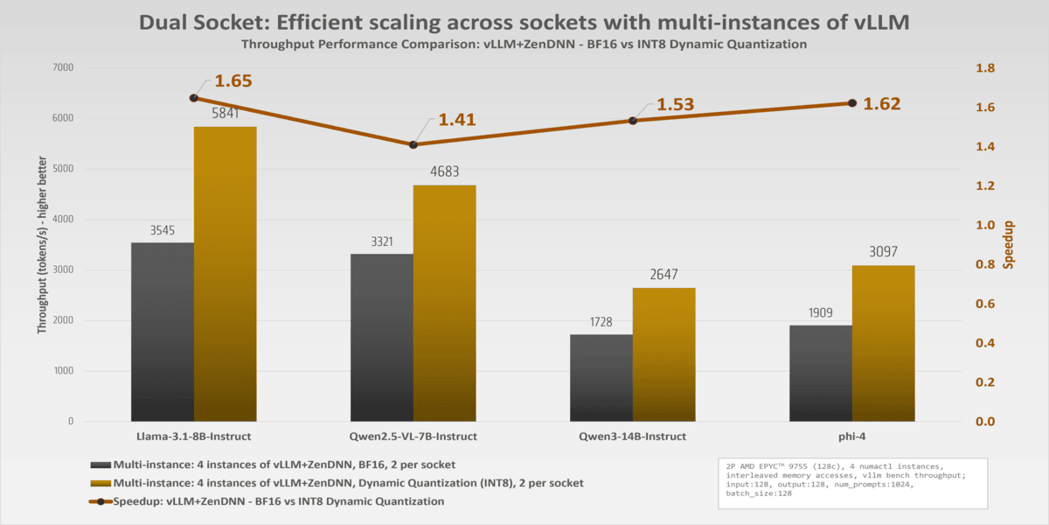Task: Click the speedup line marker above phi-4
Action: pyautogui.click(x=852, y=103)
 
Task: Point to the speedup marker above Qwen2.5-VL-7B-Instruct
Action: pyautogui.click(x=413, y=144)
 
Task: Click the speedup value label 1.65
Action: pyautogui.click(x=233, y=81)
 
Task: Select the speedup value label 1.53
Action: pyautogui.click(x=675, y=105)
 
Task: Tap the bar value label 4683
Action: pyautogui.click(x=444, y=171)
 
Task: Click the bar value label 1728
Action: pyautogui.click(x=601, y=321)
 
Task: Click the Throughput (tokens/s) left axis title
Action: pyautogui.click(x=41, y=245)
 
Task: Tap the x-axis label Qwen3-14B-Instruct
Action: pyautogui.click(x=632, y=436)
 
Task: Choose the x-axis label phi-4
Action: pyautogui.click(x=852, y=436)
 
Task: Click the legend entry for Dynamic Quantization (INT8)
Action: pyautogui.click(x=337, y=483)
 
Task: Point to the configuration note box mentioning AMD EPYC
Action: pyautogui.click(x=851, y=484)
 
